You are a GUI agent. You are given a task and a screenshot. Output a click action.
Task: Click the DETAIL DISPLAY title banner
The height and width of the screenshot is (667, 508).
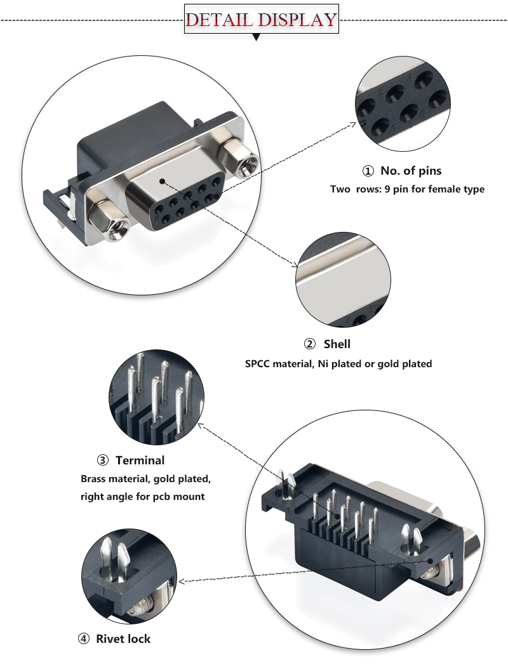coord(260,20)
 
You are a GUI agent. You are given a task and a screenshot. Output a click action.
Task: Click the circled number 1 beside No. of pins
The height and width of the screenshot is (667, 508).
coord(368,171)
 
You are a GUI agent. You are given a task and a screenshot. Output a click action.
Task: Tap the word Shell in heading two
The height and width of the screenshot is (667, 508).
coord(337,344)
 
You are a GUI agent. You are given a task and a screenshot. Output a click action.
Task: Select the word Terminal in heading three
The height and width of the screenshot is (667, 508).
coord(140,461)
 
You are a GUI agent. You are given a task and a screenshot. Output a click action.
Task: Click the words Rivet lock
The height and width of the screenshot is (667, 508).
coord(123,639)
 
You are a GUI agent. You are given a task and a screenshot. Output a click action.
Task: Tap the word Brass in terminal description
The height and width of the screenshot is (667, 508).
coord(96,478)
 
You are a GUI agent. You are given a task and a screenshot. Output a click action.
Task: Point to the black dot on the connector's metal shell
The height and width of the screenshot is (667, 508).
coord(163,181)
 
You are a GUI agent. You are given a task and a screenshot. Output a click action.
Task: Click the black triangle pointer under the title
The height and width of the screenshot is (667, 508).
coord(257,38)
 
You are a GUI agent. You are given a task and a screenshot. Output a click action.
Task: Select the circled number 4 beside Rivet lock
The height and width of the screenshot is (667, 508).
coord(84,639)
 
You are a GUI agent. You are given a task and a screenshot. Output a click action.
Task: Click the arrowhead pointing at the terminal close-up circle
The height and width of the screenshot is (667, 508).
coord(202,426)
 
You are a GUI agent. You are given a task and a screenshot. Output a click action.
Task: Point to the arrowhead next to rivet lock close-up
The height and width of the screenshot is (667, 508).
coord(182,581)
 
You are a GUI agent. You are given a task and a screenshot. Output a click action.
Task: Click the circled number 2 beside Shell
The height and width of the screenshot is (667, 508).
coord(310,344)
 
